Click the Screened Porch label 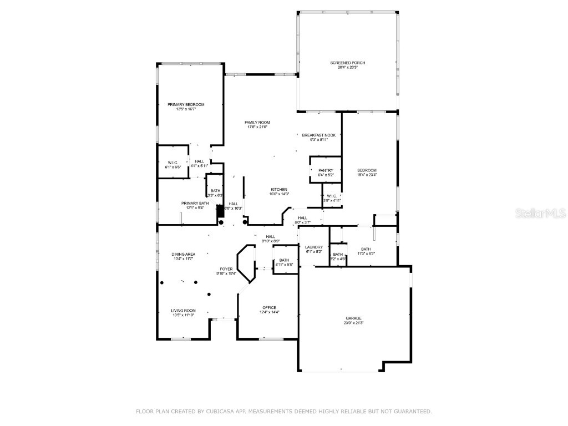[348, 63]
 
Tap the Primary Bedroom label [186, 105]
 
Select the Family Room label [257, 122]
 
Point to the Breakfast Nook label [318, 135]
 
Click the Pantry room [325, 171]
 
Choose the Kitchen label [278, 189]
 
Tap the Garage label [353, 318]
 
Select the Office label [270, 308]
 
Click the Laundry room [314, 247]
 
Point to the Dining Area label [183, 254]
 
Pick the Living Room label [183, 311]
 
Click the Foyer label [226, 269]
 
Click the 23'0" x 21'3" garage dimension [353, 323]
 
